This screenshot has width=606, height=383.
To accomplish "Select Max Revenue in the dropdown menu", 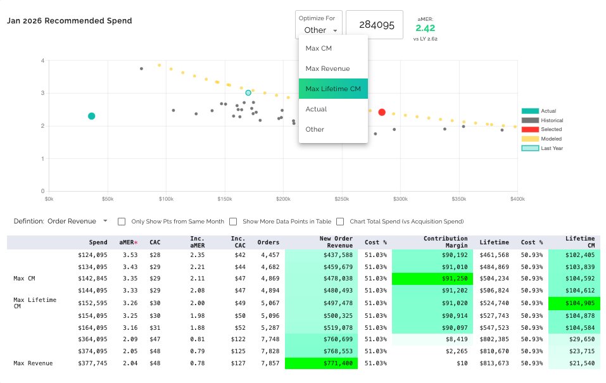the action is pos(327,68).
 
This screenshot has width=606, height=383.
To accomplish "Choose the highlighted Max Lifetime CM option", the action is pos(332,89).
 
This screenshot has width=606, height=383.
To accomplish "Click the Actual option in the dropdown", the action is pos(316,109).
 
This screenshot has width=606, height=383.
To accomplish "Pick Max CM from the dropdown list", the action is pos(319,48).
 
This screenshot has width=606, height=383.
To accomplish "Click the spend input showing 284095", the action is pos(374,25).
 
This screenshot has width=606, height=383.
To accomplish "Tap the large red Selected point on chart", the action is pos(382,112).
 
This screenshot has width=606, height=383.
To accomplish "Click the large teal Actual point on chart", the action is pos(92,116).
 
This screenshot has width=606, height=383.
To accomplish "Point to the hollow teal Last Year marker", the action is pos(248,93).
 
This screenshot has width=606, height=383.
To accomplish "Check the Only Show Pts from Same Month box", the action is pos(122,222).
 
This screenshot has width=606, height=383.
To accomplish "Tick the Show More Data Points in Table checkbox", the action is pos(233,222).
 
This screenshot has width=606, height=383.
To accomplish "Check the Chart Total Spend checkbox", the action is pos(340,222).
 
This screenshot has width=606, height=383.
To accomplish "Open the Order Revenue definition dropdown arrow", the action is pos(105,221).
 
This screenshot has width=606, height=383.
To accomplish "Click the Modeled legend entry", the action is pos(541,139).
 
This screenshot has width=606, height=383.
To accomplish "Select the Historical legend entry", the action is pos(542,120).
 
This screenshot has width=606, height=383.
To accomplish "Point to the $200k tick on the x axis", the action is pos(283,199).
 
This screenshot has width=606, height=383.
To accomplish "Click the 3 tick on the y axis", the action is pos(42,93).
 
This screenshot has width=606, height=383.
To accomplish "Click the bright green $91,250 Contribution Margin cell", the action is pos(432,279).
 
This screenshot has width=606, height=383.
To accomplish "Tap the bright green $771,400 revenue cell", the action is pos(321,363).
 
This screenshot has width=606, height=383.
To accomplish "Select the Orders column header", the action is pos(268,242).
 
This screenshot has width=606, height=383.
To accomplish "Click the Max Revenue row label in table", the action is pos(33,363).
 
